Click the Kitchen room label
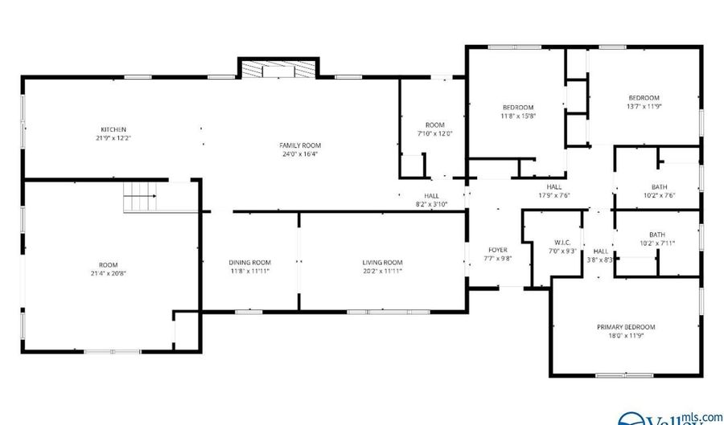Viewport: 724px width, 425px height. tap(113, 129)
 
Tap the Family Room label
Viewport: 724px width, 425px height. tap(294, 145)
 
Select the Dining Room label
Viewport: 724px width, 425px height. tap(250, 262)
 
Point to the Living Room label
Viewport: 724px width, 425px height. tap(382, 262)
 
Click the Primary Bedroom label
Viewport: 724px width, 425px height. tap(625, 327)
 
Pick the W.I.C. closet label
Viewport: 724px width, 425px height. tap(562, 242)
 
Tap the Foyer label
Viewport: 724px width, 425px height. tap(499, 250)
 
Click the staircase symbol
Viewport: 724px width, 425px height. tap(139, 198)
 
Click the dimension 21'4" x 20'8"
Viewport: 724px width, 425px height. tap(109, 274)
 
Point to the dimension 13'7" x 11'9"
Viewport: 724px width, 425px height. tap(644, 106)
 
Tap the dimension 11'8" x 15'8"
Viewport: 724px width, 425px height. tap(518, 116)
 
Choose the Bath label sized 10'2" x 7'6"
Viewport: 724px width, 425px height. tap(658, 186)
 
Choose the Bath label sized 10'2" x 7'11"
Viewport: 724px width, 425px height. tap(658, 235)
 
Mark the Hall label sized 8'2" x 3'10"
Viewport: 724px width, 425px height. tap(431, 195)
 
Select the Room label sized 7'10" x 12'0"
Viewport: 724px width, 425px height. tap(434, 125)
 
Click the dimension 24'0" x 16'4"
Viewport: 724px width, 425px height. tap(294, 154)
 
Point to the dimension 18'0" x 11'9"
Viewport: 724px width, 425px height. tap(625, 336)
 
